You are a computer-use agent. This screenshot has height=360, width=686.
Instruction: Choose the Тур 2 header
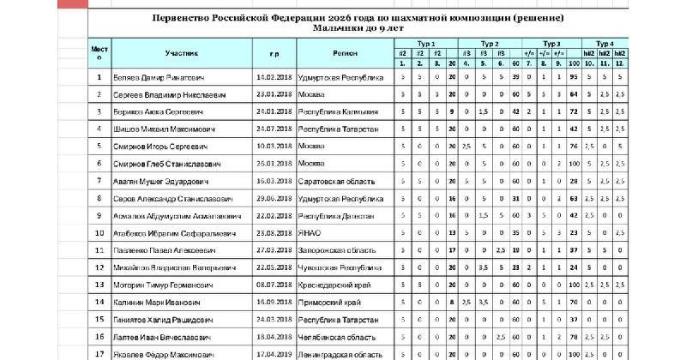click(490, 42)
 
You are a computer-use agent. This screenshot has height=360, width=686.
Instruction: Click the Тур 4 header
click(605, 42)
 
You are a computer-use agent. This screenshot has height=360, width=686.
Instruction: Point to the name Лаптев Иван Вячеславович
click(159, 338)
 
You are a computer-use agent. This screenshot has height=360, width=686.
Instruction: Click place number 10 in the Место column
click(99, 233)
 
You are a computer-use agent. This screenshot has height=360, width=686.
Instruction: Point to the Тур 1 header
click(426, 42)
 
